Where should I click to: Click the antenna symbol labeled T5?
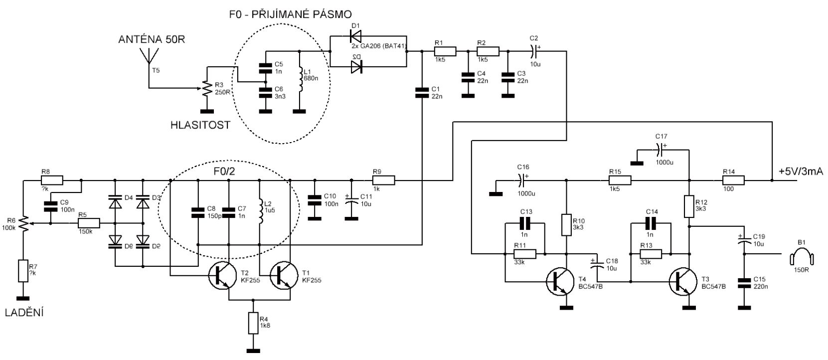[x=148, y=58]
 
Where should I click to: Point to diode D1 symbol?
[x=355, y=35]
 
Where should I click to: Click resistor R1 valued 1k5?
[x=445, y=51]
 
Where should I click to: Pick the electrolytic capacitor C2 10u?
[x=534, y=50]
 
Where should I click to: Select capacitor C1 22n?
[x=422, y=92]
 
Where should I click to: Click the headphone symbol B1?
[x=801, y=258]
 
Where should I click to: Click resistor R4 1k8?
[x=254, y=324]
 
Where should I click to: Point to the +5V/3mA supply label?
[x=801, y=172]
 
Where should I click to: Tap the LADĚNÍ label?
[x=24, y=313]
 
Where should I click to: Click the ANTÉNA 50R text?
[x=151, y=39]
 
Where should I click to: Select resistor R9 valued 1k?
[x=383, y=180]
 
